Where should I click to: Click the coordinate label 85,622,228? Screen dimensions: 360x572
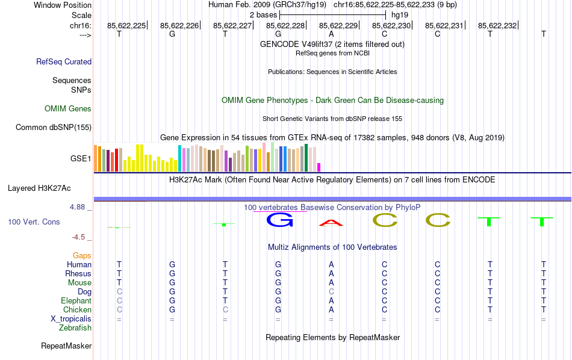click(x=286, y=25)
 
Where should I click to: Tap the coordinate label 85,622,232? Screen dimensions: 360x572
click(x=498, y=25)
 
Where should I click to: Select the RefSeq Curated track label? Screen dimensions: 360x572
click(x=64, y=61)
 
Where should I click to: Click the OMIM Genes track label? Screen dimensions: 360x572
click(x=68, y=109)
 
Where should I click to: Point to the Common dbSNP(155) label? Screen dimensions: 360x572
click(x=54, y=127)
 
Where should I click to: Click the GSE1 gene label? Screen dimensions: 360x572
click(x=81, y=159)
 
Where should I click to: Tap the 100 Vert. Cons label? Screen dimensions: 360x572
click(x=34, y=222)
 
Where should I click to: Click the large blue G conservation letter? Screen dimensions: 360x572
click(x=279, y=220)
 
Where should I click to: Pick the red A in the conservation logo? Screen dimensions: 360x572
click(x=331, y=223)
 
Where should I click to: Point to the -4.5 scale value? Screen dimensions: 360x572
click(x=81, y=237)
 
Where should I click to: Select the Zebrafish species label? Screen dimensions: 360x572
click(x=75, y=328)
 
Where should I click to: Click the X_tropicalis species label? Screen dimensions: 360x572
click(x=71, y=319)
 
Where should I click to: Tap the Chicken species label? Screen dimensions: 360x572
click(x=78, y=310)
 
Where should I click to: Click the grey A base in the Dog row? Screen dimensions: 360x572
click(x=331, y=292)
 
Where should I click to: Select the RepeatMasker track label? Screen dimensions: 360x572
click(x=66, y=346)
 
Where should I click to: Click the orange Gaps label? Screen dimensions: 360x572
click(x=82, y=256)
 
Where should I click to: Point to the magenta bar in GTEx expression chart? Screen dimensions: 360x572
click(x=319, y=167)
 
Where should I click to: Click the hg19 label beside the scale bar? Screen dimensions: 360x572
click(x=400, y=14)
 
